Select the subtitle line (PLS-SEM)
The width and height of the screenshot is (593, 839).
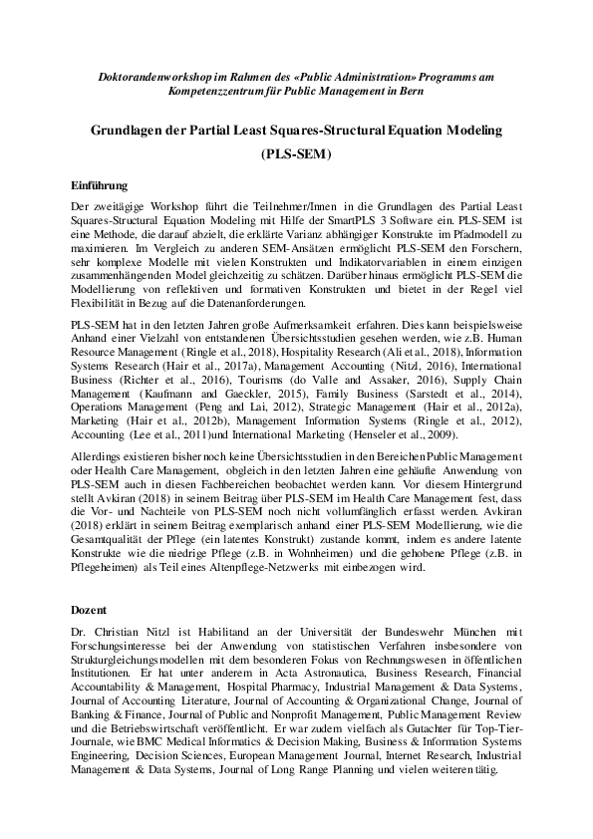[x=296, y=155]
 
